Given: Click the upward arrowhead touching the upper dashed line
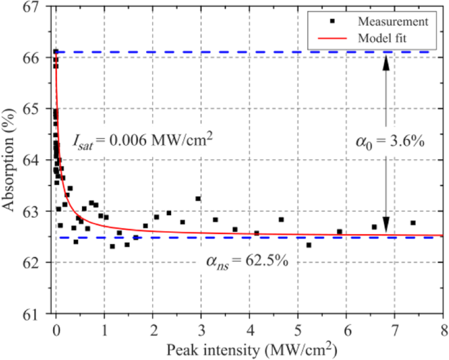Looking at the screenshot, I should pos(386,61).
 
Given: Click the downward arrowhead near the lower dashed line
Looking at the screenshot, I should pos(386,226).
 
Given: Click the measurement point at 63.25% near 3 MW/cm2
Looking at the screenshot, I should pos(198,199).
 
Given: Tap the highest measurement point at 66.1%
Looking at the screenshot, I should pos(56,51).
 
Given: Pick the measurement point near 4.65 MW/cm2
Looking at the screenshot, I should pos(281,220).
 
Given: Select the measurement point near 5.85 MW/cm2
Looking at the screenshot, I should pos(340,231).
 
